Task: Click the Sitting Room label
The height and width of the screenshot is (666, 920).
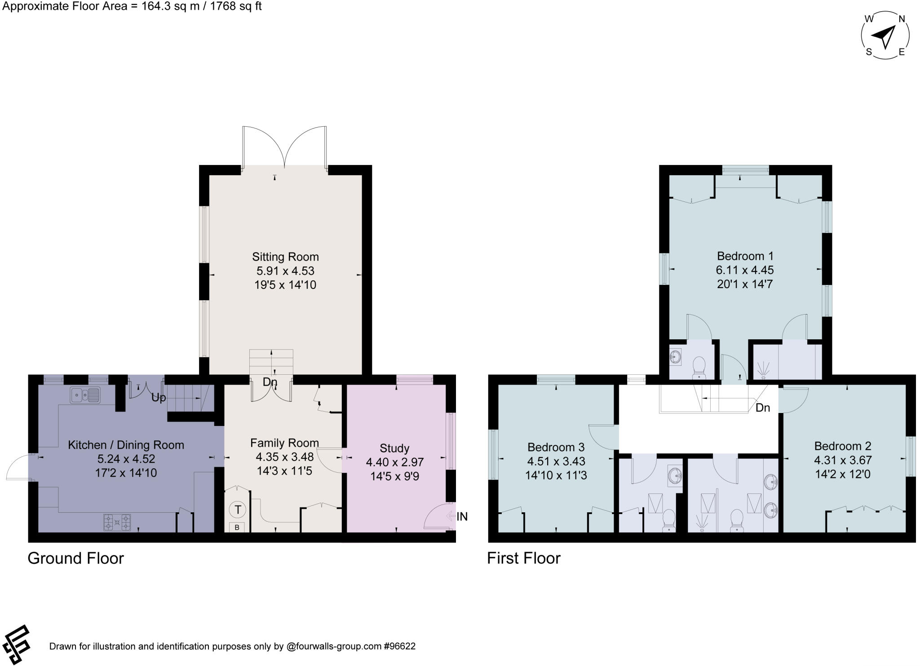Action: (x=285, y=257)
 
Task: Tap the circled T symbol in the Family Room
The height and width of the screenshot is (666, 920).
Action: (x=238, y=510)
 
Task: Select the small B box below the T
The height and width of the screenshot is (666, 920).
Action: (x=237, y=528)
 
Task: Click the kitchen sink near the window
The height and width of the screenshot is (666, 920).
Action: (x=85, y=395)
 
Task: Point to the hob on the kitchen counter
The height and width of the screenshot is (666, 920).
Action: (x=117, y=523)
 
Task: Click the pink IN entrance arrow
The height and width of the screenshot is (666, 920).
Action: (x=451, y=517)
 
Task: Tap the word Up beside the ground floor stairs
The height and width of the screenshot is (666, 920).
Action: (x=158, y=398)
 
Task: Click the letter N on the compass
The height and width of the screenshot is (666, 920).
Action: (x=901, y=19)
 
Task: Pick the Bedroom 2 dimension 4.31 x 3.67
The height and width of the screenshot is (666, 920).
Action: (x=843, y=460)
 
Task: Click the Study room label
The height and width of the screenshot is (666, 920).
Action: (x=394, y=448)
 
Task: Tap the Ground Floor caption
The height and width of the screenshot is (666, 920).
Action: (x=75, y=558)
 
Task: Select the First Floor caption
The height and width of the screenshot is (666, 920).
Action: (x=524, y=558)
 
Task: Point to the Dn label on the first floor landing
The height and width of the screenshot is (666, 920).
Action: (x=763, y=408)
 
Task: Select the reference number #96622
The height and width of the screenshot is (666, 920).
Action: (x=399, y=646)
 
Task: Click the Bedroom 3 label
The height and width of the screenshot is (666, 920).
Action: (x=556, y=447)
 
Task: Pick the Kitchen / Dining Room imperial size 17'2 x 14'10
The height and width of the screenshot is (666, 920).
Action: (x=126, y=473)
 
